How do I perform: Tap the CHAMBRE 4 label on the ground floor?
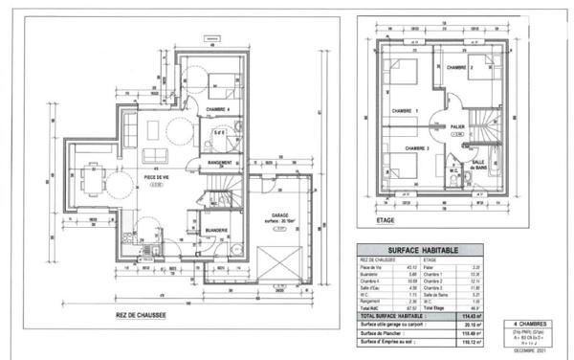click(x=221, y=110)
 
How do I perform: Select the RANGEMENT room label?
click(x=224, y=164)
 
